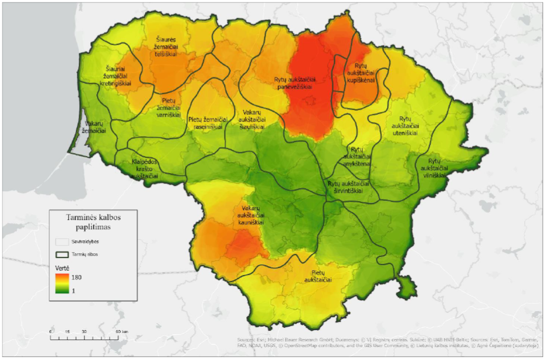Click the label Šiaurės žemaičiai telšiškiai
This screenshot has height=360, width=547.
(166, 45)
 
